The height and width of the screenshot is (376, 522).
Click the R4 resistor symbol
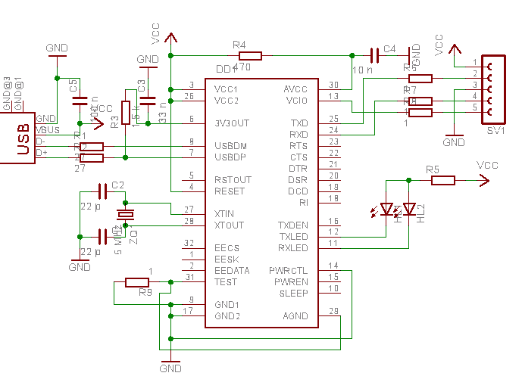pos(250,55)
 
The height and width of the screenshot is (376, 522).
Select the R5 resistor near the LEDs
pos(443,180)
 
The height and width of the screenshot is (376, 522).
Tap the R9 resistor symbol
pos(137,282)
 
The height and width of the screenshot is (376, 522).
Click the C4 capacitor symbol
pos(374,55)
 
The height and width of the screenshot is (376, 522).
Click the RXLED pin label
pos(293,247)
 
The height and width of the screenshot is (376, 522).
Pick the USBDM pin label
pos(230,145)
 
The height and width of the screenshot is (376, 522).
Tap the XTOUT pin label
pos(230,225)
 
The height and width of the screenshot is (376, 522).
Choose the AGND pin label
pos(295,315)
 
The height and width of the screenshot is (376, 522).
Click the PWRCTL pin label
pos(289,270)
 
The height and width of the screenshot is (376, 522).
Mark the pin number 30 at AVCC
pos(334,85)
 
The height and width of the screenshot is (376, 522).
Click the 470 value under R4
pos(242,67)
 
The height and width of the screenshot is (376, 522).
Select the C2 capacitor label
pos(117,185)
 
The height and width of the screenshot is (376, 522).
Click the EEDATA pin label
pos(231,270)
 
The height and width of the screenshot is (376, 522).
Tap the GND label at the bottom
pos(170,368)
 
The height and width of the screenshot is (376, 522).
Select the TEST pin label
pos(226,281)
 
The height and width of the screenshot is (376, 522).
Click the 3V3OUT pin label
pos(232,123)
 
